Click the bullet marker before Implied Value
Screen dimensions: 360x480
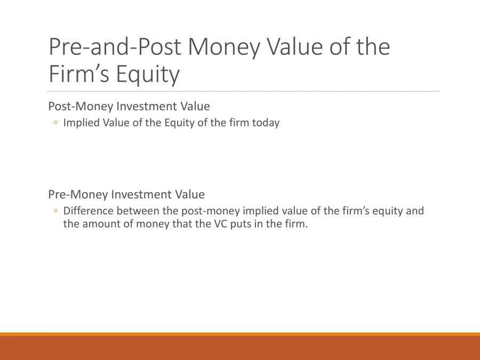(55, 123)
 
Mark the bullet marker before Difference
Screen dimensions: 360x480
(55, 211)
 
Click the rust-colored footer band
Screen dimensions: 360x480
(240, 348)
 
